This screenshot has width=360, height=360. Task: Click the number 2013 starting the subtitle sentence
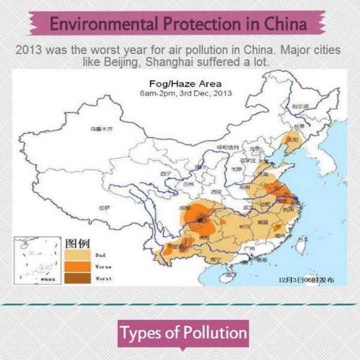click(29, 50)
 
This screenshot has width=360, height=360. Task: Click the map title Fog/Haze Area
click(185, 84)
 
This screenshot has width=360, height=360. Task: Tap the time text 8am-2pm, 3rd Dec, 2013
click(185, 93)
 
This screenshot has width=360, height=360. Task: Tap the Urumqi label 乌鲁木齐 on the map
click(101, 129)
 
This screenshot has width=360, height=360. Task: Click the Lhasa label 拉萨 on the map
click(105, 208)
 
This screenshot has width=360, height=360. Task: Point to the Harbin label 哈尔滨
click(300, 106)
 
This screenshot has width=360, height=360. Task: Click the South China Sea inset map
click(39, 260)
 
